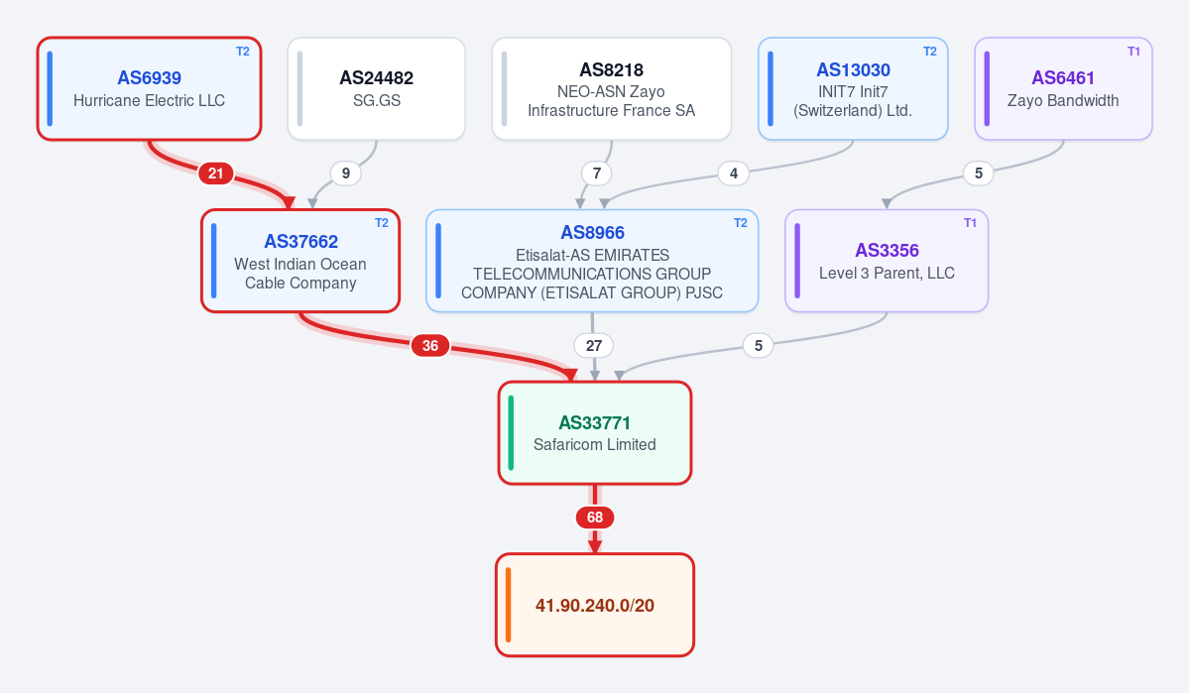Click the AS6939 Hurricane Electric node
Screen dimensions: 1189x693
pos(150,88)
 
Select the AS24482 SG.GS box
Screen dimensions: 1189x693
pos(376,88)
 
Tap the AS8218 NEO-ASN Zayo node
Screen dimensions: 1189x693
pos(611,88)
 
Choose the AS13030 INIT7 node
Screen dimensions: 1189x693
pos(853,88)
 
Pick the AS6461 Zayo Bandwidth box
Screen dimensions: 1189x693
pos(1063,88)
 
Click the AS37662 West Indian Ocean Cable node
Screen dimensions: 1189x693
pos(300,261)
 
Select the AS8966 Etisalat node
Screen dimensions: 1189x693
pos(592,261)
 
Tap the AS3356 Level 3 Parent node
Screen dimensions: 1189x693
pos(887,261)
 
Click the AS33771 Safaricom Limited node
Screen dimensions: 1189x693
pos(595,433)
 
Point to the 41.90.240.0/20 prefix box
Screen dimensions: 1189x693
pos(595,605)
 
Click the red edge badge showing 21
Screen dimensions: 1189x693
pos(216,173)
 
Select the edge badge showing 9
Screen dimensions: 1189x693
pos(346,173)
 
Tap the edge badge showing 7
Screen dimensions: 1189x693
pos(597,173)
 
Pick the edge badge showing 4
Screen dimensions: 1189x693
pos(733,173)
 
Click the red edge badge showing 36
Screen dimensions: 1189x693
pos(430,346)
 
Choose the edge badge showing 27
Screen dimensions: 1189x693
pos(594,346)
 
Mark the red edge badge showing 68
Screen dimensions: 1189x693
pos(595,518)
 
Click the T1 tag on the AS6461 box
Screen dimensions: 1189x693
pos(1133,52)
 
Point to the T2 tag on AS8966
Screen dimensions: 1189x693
pos(740,223)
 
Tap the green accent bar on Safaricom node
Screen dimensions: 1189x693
pos(511,433)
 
